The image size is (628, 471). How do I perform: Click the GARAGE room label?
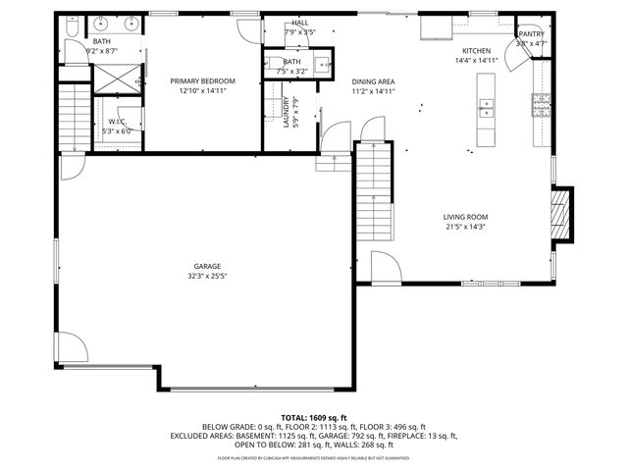pyautogui.click(x=206, y=266)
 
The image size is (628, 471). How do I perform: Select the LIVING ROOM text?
pyautogui.click(x=465, y=217)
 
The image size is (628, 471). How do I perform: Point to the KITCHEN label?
pyautogui.click(x=476, y=50)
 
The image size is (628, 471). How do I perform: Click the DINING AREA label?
pyautogui.click(x=372, y=81)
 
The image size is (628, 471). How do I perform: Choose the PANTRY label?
pyautogui.click(x=531, y=33)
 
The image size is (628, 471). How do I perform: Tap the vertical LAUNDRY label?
pyautogui.click(x=287, y=112)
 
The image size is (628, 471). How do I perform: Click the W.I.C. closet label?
pyautogui.click(x=116, y=121)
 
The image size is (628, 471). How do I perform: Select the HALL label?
pyautogui.click(x=299, y=22)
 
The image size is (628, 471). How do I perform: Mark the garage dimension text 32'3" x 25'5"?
pyautogui.click(x=206, y=276)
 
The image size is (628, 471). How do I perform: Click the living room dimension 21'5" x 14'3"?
pyautogui.click(x=465, y=227)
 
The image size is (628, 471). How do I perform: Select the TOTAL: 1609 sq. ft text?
pyautogui.click(x=314, y=418)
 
